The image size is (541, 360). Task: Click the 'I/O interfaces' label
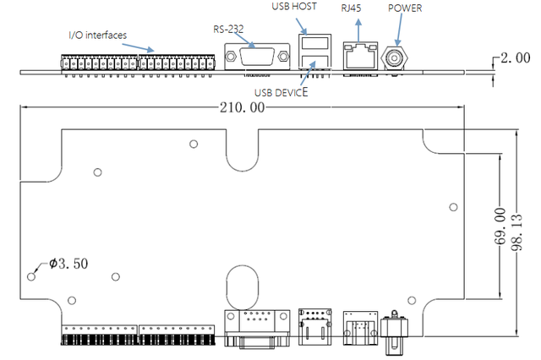[x=98, y=35]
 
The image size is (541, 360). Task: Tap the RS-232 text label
[x=228, y=30]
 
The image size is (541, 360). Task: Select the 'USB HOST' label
[x=294, y=7]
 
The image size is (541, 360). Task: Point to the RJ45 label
[x=352, y=8]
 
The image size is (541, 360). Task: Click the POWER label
[x=405, y=8]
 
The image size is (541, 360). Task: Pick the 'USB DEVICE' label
[x=281, y=92]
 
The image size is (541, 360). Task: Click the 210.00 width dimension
[x=243, y=107]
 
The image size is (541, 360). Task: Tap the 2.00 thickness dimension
[x=516, y=58]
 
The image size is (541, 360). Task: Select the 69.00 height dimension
[x=500, y=226]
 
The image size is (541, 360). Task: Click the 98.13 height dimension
[x=516, y=232]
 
